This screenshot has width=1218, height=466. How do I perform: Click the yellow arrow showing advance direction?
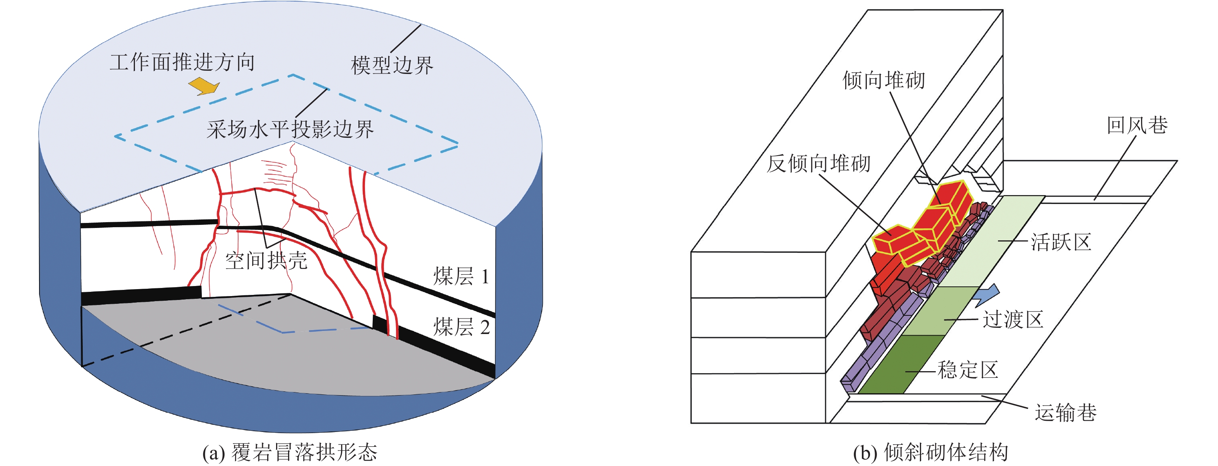pyautogui.click(x=204, y=87)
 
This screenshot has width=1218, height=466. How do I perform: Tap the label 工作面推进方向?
pyautogui.click(x=183, y=62)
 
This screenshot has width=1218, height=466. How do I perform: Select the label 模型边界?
pyautogui.click(x=392, y=65)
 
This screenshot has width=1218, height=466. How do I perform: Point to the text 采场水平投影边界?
pyautogui.click(x=290, y=129)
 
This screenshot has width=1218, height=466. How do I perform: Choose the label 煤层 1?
pyautogui.click(x=461, y=276)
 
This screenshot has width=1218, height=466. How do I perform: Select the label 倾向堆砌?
pyautogui.click(x=883, y=80)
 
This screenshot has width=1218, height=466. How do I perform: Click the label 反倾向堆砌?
pyautogui.click(x=819, y=164)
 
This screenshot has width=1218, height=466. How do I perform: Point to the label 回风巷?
pyautogui.click(x=1137, y=125)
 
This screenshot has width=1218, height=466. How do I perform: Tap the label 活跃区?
pyautogui.click(x=1061, y=242)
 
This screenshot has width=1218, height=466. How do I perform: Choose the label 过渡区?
pyautogui.click(x=1013, y=320)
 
